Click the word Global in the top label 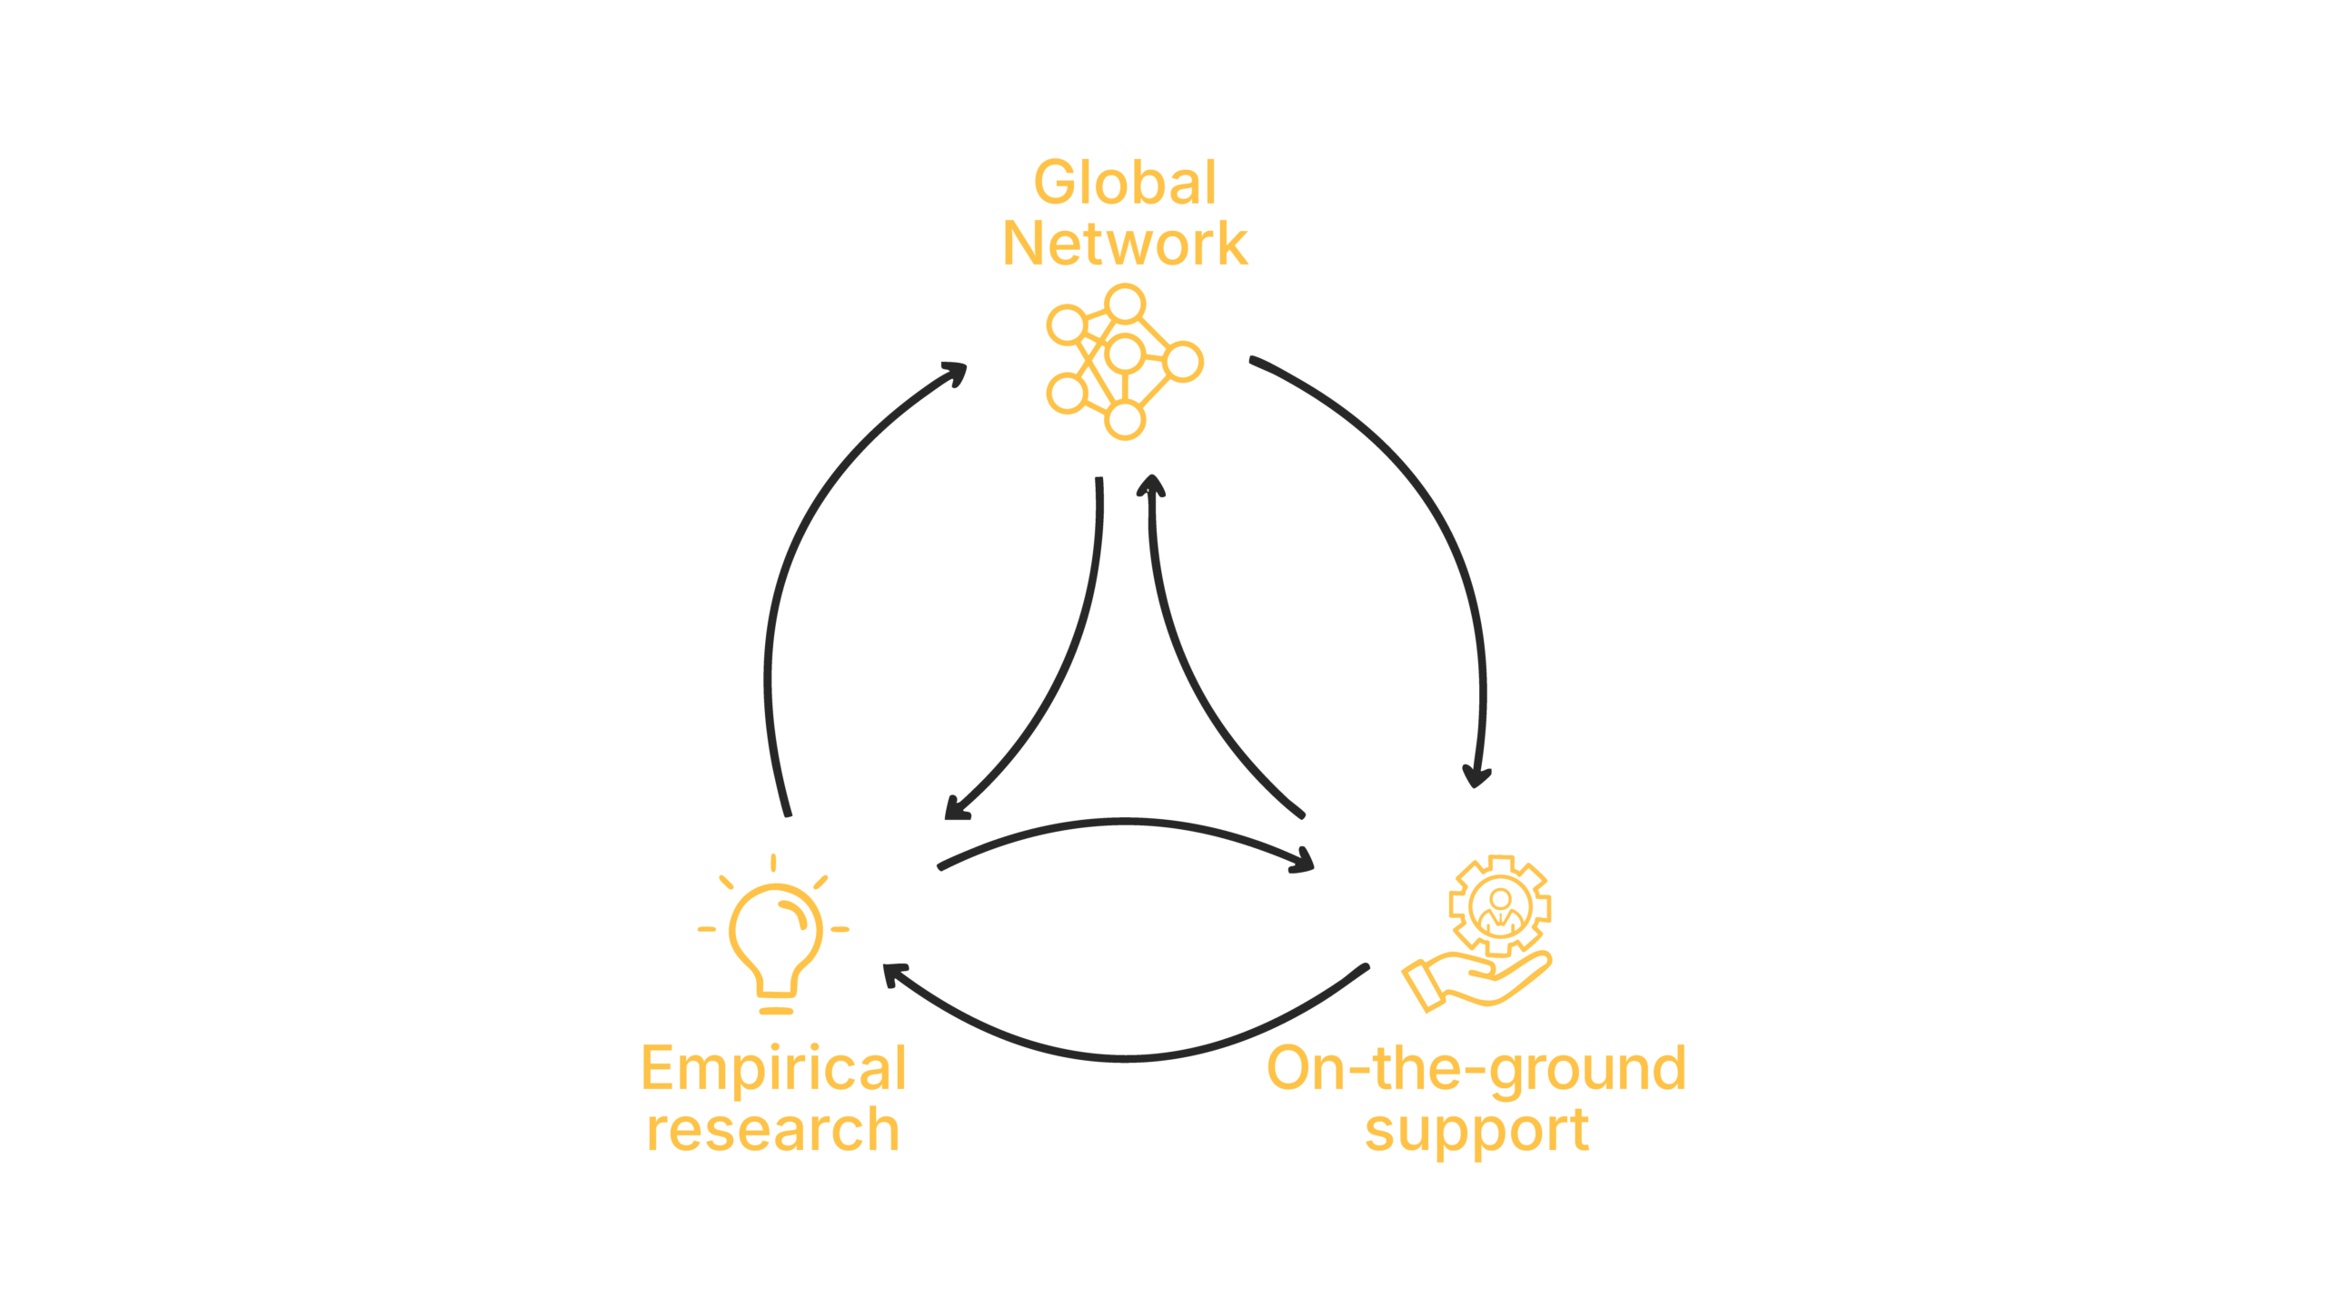click(x=1125, y=183)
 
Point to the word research click(x=773, y=1129)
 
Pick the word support click(x=1476, y=1131)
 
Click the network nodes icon click(x=1125, y=362)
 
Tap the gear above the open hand click(x=1500, y=905)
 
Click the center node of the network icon click(x=1125, y=355)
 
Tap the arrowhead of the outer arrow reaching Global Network click(x=956, y=372)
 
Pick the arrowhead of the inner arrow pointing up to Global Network click(x=1151, y=485)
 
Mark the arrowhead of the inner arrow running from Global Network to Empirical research click(x=954, y=810)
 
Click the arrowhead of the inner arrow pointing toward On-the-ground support click(x=1303, y=862)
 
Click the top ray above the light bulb click(x=773, y=863)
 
